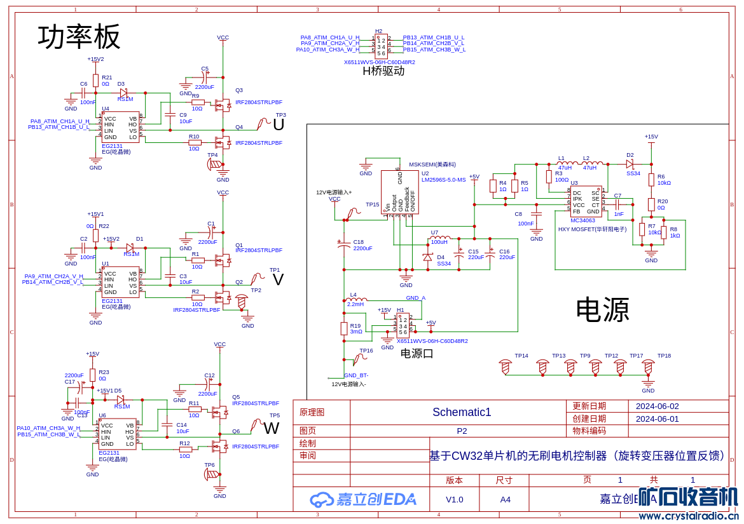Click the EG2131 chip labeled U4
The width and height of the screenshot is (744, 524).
click(x=120, y=128)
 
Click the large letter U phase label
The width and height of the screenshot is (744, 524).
click(x=279, y=125)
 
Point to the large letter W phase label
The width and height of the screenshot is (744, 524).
click(x=272, y=429)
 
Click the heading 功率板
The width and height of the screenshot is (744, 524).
click(x=79, y=37)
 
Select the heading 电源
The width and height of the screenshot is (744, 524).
click(x=602, y=311)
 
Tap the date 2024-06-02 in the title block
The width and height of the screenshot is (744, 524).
click(x=657, y=406)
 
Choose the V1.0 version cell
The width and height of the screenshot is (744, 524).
click(x=454, y=499)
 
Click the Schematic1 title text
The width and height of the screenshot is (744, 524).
click(x=462, y=412)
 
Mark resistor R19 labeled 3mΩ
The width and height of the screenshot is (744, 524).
click(x=344, y=328)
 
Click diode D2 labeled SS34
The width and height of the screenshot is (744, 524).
click(x=630, y=164)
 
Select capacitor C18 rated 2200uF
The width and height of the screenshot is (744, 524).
click(x=344, y=245)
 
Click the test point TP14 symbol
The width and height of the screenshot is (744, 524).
click(x=506, y=366)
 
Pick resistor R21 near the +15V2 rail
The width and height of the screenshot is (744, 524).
click(x=95, y=81)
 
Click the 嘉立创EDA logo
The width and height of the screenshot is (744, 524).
click(x=363, y=499)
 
